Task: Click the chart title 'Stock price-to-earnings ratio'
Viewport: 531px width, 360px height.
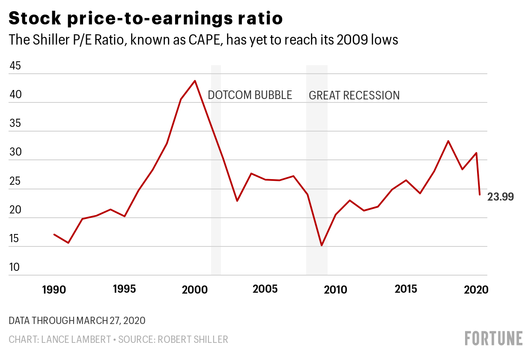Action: (146, 19)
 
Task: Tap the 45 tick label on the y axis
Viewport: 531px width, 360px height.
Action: (15, 66)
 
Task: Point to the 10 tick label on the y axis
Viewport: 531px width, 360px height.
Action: (15, 267)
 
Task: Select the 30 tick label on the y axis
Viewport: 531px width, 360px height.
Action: (15, 153)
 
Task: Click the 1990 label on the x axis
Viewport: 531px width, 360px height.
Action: (54, 290)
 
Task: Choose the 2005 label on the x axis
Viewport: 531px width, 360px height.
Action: (265, 289)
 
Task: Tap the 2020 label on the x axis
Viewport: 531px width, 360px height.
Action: (476, 290)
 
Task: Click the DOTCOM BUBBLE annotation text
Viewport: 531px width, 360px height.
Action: (250, 95)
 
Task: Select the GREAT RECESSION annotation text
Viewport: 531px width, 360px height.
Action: (354, 96)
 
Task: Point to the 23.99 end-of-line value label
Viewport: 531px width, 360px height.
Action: (500, 197)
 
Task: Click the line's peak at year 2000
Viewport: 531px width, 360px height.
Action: (195, 81)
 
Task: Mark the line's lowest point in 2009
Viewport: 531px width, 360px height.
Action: (321, 246)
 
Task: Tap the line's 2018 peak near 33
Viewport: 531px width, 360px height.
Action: (448, 141)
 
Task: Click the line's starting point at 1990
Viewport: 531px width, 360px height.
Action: (54, 234)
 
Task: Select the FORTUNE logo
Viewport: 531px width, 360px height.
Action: (494, 338)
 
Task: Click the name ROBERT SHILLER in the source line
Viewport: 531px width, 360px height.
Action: (193, 339)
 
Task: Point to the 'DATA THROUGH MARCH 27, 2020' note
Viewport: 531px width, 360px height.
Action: (77, 321)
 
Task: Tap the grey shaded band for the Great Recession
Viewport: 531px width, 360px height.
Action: (317, 171)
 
